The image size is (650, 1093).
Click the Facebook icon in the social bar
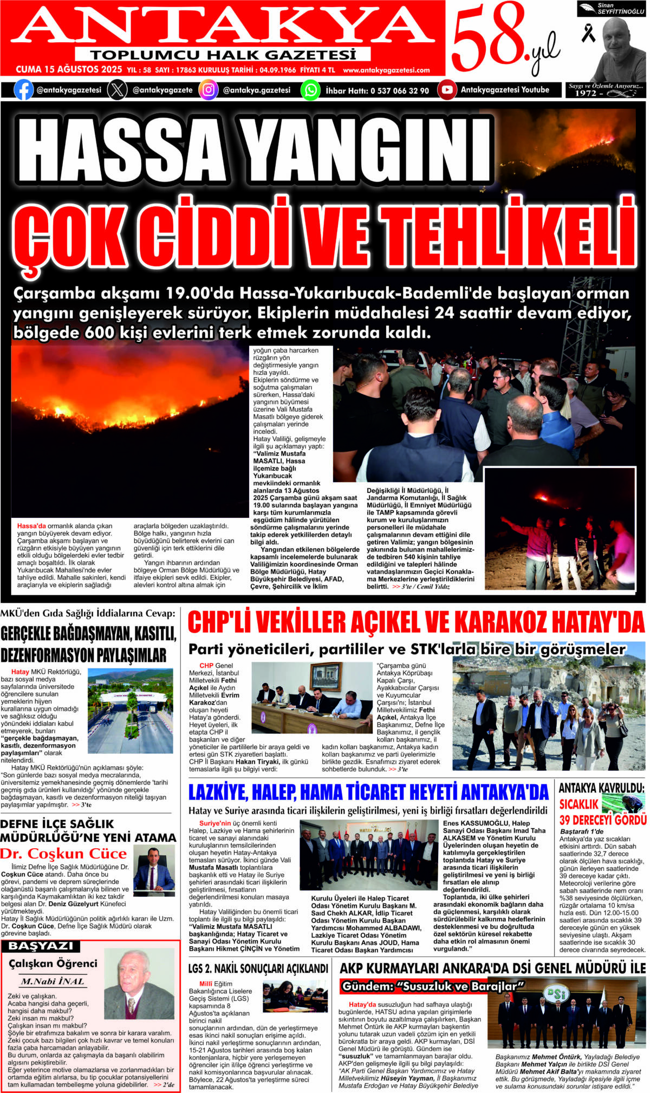coord(23,90)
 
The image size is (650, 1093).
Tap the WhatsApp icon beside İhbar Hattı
coord(310,90)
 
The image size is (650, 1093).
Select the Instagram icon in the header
coord(208,90)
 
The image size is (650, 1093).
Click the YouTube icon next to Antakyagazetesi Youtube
coord(447,90)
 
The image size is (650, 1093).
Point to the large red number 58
coord(486,37)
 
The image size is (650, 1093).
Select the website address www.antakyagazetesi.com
coord(386,70)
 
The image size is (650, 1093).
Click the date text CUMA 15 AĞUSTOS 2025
coord(69,70)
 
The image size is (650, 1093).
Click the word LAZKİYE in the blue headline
coord(217,792)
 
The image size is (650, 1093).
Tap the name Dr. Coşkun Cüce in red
coord(63,854)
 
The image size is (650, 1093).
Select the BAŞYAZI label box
coord(41,946)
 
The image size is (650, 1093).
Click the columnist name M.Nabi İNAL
coord(53,981)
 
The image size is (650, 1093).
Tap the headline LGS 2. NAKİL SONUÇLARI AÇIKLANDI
coord(258,968)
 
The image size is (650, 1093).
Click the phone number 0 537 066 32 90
coord(400,90)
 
